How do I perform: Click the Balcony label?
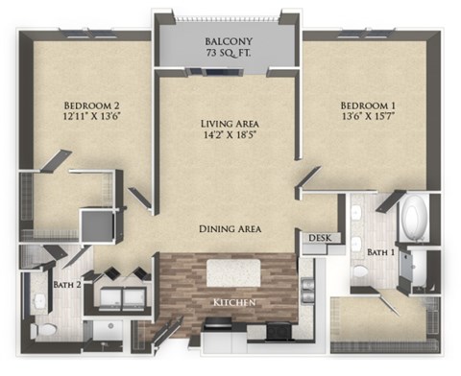(228, 42)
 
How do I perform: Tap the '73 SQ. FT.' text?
(228, 57)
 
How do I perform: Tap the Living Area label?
(229, 123)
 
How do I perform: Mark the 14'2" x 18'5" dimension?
(229, 137)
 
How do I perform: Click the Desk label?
(319, 238)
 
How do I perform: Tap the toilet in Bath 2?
(40, 302)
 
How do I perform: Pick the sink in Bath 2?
(43, 331)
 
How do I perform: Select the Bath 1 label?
(380, 251)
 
